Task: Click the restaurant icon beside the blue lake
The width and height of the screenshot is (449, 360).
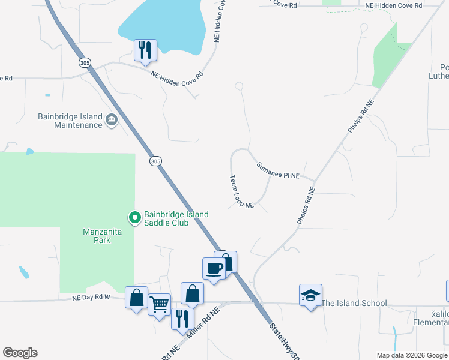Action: click(x=145, y=50)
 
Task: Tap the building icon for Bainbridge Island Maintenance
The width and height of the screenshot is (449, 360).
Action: click(x=112, y=121)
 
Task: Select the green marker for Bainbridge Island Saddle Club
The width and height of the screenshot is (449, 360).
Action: click(x=135, y=218)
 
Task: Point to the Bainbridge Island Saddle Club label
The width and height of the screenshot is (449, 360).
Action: click(x=176, y=218)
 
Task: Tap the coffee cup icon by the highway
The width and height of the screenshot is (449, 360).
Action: click(x=214, y=268)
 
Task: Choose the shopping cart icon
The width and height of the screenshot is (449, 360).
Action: click(x=160, y=304)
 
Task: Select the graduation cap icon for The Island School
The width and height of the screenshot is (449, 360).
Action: click(x=310, y=296)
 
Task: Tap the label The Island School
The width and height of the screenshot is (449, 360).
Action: click(x=354, y=303)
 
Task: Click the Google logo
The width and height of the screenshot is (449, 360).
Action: click(x=20, y=353)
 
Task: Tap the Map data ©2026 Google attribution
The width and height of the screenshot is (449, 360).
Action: click(x=412, y=355)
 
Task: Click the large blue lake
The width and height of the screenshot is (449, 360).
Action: click(x=162, y=21)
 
